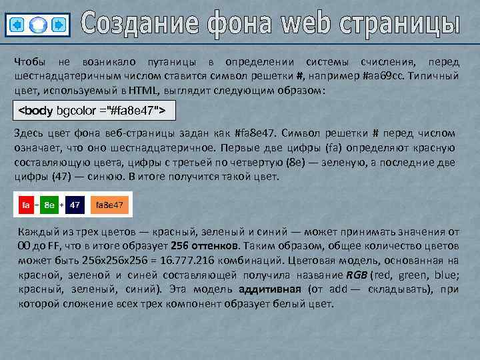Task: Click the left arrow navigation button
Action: click(17, 25)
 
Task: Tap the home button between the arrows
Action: click(38, 25)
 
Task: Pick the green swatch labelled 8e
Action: click(49, 205)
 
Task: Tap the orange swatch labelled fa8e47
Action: click(110, 205)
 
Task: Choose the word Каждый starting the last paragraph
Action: click(35, 231)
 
